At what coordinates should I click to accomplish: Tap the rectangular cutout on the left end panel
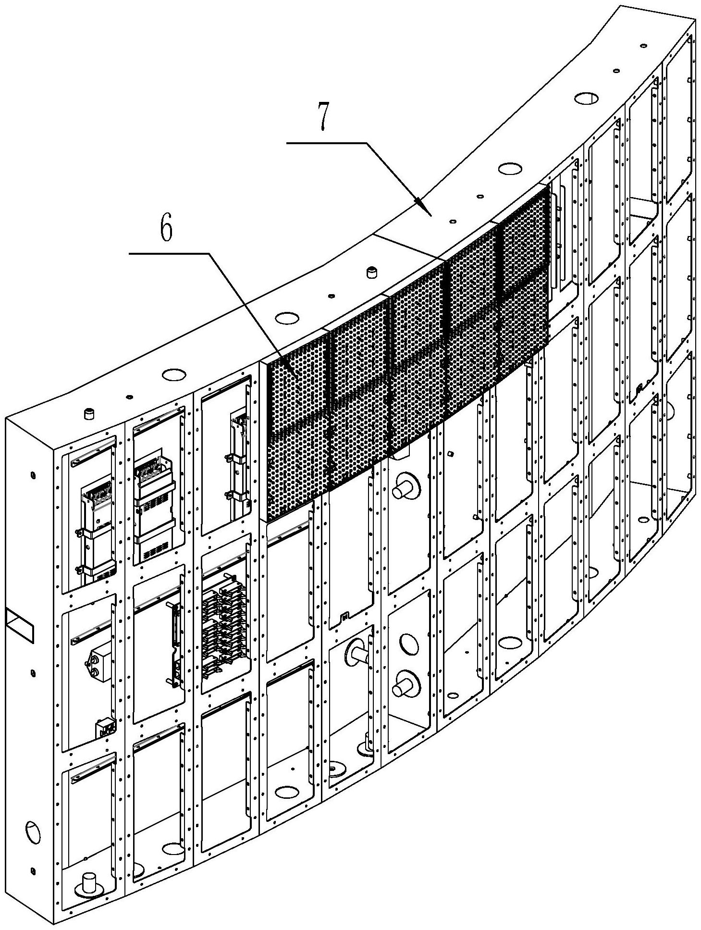tap(21, 625)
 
